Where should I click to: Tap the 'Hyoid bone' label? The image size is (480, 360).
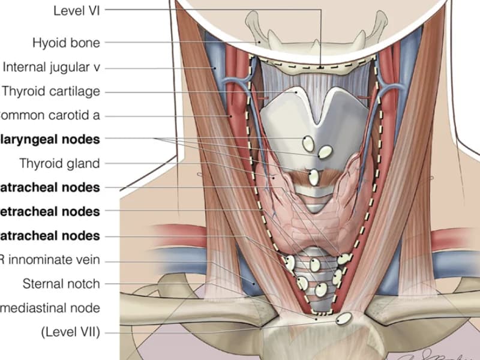pyautogui.click(x=66, y=43)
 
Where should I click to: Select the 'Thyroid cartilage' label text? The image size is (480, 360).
pyautogui.click(x=51, y=91)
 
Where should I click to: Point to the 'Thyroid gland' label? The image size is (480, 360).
pyautogui.click(x=59, y=163)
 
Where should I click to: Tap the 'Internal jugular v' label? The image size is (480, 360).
pyautogui.click(x=51, y=67)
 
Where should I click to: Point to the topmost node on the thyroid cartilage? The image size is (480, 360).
pyautogui.click(x=308, y=143)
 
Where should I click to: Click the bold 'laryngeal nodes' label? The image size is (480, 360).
pyautogui.click(x=51, y=139)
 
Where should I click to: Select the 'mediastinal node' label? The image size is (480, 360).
pyautogui.click(x=51, y=308)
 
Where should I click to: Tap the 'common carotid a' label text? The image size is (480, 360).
pyautogui.click(x=51, y=115)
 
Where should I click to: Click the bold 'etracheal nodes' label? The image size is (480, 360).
pyautogui.click(x=51, y=211)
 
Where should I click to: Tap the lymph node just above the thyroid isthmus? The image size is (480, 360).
pyautogui.click(x=314, y=178)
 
